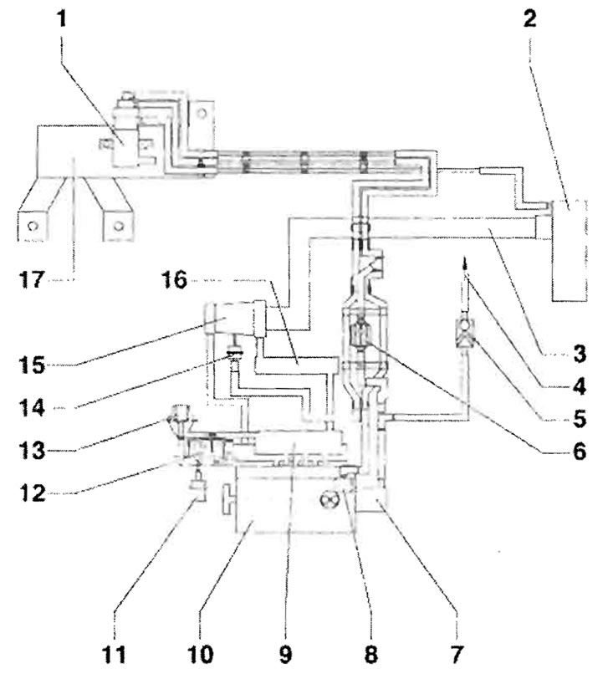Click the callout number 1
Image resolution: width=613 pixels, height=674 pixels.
(63, 18)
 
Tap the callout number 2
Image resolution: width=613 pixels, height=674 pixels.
(529, 18)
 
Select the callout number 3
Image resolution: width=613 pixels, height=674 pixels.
(580, 355)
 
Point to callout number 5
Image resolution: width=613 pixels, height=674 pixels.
(580, 418)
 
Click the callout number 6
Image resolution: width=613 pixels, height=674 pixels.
(580, 452)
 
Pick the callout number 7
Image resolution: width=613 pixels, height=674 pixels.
(457, 654)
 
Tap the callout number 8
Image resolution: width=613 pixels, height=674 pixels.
(370, 654)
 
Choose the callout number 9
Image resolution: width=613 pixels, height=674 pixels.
(285, 654)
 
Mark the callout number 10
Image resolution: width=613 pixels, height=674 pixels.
(201, 654)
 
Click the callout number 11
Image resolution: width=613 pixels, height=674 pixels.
(115, 654)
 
